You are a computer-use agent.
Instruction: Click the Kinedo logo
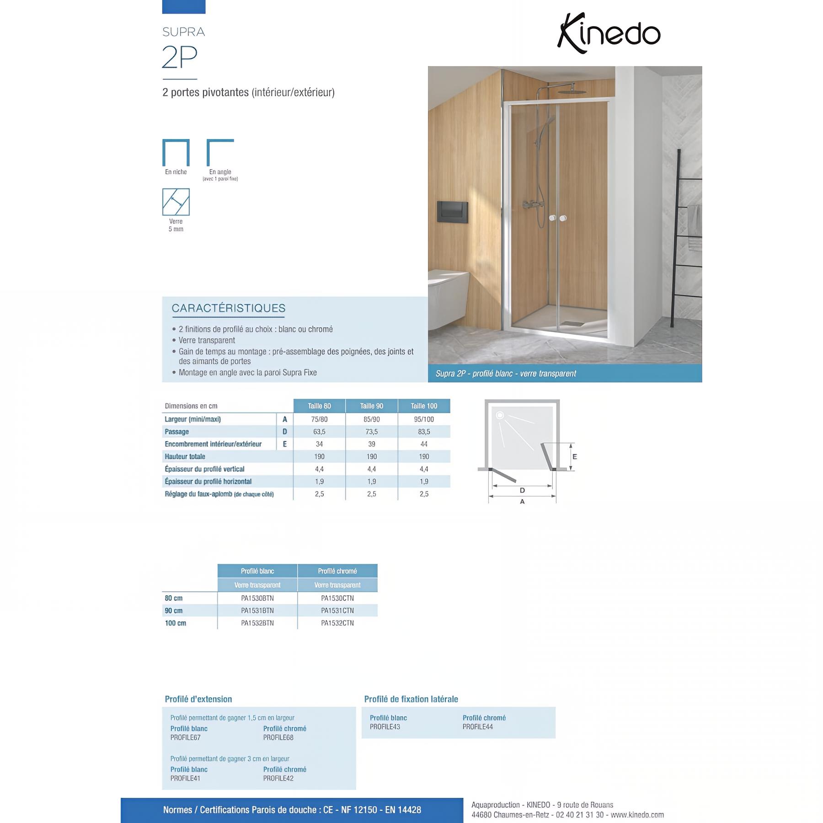609,33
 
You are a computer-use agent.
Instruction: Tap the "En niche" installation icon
176,153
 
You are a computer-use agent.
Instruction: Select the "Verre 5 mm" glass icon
176,202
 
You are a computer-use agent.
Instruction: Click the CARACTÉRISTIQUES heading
228,308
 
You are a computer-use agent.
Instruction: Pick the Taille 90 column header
371,406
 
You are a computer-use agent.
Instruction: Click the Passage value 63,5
319,432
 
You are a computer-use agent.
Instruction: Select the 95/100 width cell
424,419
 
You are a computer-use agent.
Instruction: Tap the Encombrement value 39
371,444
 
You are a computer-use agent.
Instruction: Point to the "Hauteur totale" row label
185,456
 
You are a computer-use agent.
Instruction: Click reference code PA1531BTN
257,610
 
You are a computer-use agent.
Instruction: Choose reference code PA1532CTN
337,623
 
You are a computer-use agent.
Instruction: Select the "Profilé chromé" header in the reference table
337,571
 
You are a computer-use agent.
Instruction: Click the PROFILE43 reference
385,727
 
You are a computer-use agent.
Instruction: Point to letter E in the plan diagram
575,456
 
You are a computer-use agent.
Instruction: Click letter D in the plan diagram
522,491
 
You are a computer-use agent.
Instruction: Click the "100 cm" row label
176,623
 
